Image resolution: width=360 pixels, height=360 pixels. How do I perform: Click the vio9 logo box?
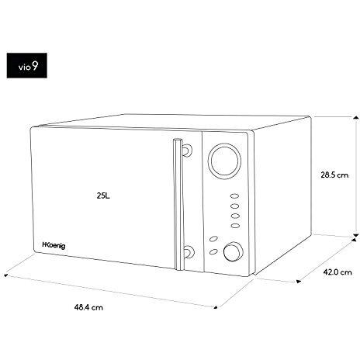pos(27,65)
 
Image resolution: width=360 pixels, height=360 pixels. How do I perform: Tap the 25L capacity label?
pos(103,196)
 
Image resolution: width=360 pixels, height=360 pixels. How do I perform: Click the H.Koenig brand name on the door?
pos(54,245)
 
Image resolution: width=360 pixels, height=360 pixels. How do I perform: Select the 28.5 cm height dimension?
pos(334,175)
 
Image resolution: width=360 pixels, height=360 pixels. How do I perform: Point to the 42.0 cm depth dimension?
pos(337,272)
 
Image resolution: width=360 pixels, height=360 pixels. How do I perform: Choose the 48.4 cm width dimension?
pos(88,307)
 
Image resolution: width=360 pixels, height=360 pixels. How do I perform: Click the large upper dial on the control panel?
pos(224,161)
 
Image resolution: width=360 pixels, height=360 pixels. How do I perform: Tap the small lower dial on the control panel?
pos(234,251)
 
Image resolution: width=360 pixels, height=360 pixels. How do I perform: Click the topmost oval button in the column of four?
pos(234,196)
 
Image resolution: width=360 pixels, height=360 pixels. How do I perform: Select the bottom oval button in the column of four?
pos(235,226)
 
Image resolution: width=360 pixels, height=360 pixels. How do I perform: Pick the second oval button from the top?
pos(234,206)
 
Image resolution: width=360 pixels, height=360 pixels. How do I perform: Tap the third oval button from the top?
pos(235,216)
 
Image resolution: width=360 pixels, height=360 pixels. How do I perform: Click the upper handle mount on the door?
pos(187,150)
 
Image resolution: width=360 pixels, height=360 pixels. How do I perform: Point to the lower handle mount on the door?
pos(188,251)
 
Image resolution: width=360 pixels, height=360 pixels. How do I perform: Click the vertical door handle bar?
pos(178,204)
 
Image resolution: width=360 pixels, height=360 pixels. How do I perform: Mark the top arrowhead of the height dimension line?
pos(356,118)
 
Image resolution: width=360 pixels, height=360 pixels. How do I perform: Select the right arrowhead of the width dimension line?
pos(215,306)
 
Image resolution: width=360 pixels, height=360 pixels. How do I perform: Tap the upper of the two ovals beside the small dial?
pos(213,239)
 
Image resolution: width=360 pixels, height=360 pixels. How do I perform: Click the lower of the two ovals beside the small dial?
pos(213,251)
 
